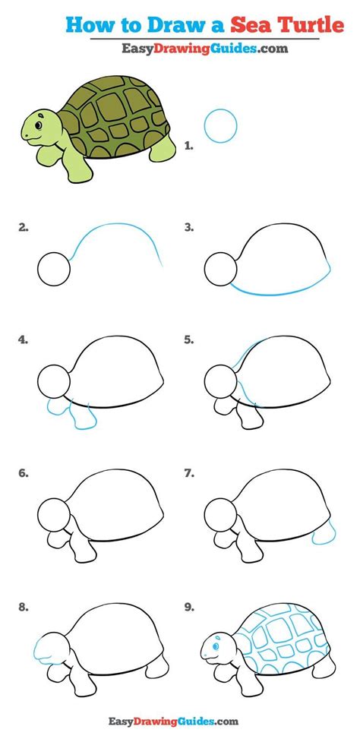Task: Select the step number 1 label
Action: click(x=190, y=145)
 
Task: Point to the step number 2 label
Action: click(x=24, y=227)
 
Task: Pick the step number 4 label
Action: click(x=24, y=340)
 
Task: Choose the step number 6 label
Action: click(x=24, y=472)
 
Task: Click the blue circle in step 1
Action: click(x=221, y=125)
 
